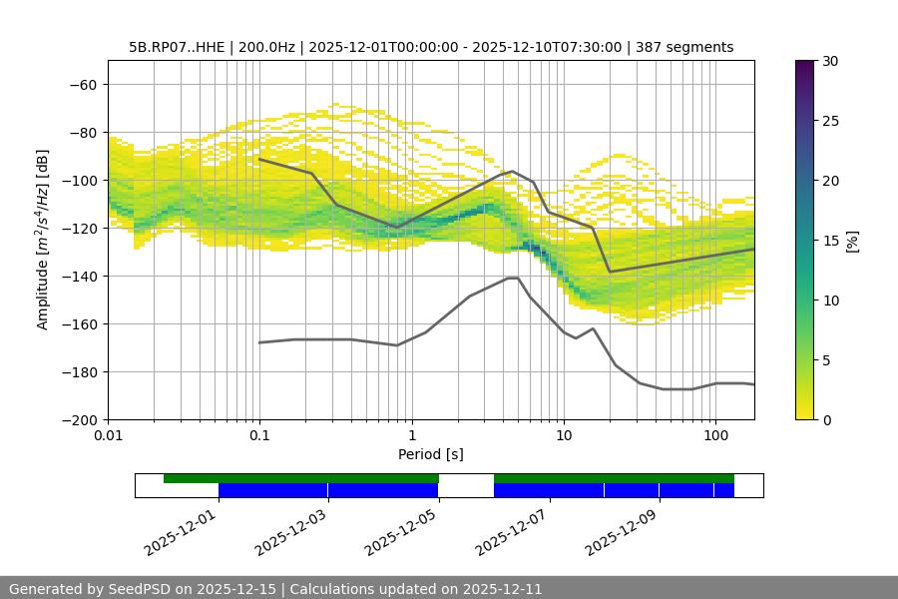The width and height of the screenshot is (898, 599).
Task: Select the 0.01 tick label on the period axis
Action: click(108, 437)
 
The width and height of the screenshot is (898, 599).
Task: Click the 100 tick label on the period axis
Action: click(715, 437)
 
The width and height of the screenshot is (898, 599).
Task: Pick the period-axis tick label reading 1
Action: click(411, 437)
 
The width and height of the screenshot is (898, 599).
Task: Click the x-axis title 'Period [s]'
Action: click(431, 454)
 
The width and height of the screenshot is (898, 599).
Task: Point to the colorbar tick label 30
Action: click(830, 61)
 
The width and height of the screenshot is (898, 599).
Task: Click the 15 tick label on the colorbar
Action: click(830, 241)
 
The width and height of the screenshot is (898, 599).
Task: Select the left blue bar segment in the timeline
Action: click(328, 490)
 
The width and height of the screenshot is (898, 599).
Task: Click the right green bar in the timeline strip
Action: click(614, 478)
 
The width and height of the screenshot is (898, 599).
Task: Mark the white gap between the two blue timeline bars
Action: click(466, 490)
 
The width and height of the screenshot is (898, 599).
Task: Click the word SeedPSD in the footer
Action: click(142, 589)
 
